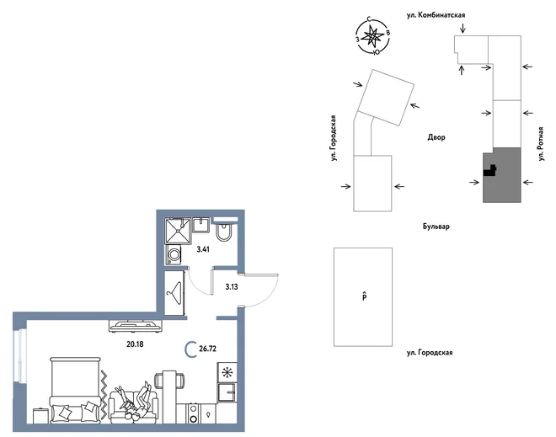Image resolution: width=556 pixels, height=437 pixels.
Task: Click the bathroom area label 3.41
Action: click(203, 249)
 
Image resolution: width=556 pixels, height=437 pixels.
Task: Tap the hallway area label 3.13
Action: click(232, 287)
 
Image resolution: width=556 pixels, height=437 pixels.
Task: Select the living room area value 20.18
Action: click(135, 344)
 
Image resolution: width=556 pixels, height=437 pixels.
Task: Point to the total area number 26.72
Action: click(207, 349)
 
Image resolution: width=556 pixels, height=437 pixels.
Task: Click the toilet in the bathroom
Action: click(224, 232)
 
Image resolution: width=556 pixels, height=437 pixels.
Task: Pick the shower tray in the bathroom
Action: click(178, 231)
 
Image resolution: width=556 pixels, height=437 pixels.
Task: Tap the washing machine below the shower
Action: click(174, 254)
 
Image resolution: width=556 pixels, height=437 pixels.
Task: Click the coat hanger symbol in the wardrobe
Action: click(174, 293)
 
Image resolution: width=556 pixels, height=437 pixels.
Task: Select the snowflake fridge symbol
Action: click(227, 372)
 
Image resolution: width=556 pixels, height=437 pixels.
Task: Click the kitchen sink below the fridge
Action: click(227, 392)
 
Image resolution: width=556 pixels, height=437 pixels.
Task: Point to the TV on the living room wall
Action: click(135, 326)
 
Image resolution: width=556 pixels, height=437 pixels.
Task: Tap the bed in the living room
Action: click(75, 390)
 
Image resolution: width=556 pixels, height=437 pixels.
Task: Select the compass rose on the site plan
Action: click(372, 36)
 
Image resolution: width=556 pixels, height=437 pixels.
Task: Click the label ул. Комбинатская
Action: click(436, 15)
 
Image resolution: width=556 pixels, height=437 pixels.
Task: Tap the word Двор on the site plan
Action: click(436, 137)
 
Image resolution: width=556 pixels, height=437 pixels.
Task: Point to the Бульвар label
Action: click(436, 226)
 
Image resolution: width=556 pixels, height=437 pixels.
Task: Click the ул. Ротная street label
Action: click(540, 144)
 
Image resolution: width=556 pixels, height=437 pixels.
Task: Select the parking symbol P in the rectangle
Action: click(364, 296)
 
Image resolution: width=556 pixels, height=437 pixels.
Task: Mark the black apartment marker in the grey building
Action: click(489, 170)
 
